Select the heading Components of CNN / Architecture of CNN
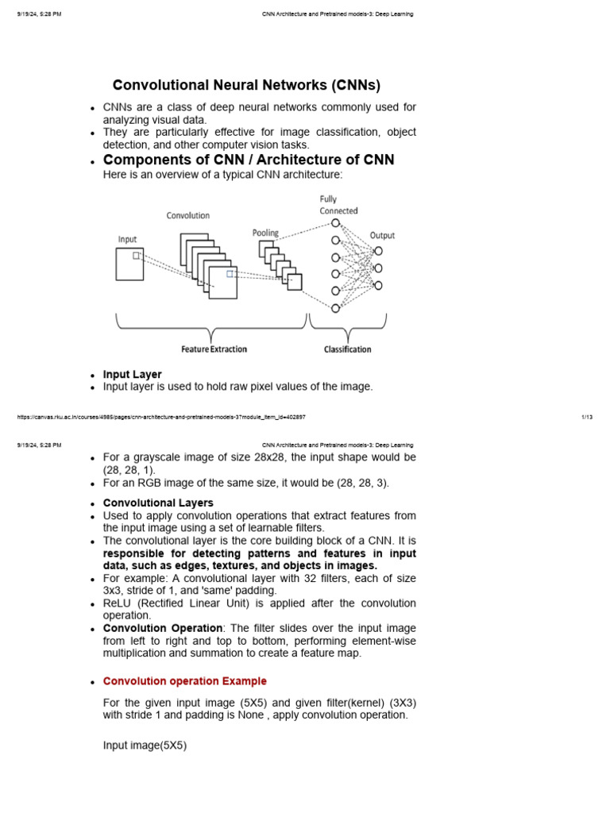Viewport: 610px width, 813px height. point(249,160)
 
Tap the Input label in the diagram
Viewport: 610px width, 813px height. point(127,238)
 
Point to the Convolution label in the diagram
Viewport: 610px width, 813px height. point(188,215)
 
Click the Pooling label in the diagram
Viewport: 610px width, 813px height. point(265,233)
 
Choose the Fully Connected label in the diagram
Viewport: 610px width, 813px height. point(338,205)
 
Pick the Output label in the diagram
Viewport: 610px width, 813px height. point(382,235)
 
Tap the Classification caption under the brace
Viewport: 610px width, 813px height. point(347,349)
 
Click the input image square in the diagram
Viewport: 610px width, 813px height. point(129,264)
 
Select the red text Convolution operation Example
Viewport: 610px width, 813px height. point(185,681)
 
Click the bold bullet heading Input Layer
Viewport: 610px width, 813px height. point(133,374)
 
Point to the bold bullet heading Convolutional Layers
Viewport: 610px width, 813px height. point(158,503)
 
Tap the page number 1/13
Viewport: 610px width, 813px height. point(587,417)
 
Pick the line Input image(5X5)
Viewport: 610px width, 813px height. point(145,746)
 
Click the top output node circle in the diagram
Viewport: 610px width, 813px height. point(378,251)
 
